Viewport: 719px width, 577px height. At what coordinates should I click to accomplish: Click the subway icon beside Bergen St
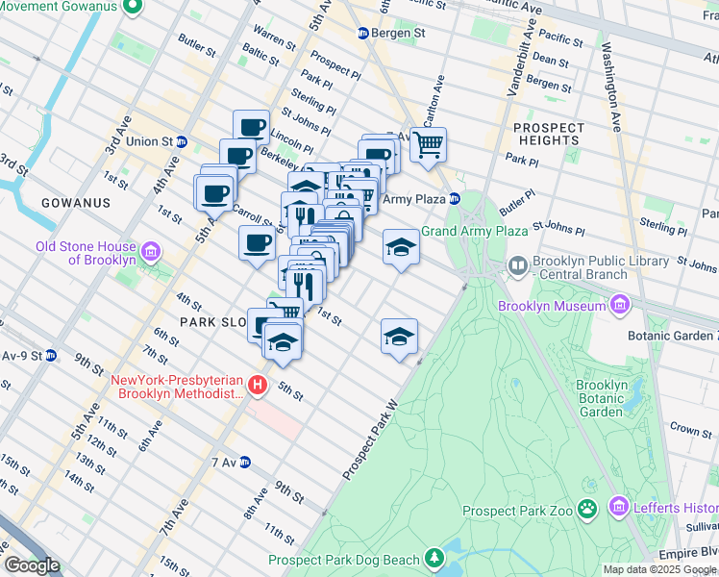363,33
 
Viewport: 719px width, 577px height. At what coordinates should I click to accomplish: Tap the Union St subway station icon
182,141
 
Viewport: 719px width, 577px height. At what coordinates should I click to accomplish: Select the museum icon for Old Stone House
150,254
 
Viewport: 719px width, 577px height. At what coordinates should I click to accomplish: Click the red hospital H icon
257,386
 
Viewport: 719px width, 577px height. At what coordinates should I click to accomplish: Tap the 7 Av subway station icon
245,462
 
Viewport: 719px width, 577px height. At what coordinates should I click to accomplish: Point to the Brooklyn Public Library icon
517,263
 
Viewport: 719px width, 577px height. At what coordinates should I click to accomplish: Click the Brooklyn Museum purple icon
619,307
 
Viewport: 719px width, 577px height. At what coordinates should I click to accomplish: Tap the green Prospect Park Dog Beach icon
434,559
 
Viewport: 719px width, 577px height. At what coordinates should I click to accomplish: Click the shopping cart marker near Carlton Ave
429,145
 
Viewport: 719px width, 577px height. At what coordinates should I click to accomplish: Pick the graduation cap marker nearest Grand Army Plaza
401,248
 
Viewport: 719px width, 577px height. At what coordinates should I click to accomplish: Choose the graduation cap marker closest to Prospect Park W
399,337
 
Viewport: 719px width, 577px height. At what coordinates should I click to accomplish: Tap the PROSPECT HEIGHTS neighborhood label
549,134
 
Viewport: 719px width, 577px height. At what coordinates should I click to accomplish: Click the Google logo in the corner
32,565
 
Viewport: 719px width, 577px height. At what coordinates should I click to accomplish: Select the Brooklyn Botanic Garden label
602,398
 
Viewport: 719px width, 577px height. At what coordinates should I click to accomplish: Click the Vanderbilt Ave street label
519,49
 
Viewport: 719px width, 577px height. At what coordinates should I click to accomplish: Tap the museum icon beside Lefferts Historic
617,506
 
